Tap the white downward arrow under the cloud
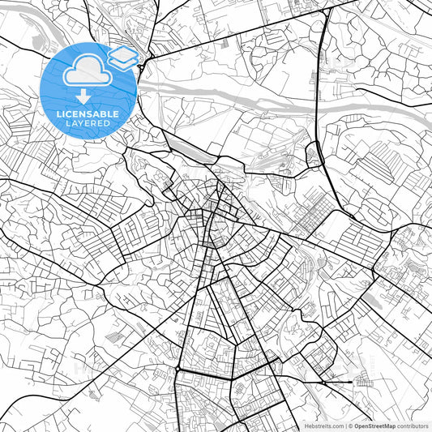(83, 97)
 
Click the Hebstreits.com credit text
(324, 426)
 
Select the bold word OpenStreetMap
(374, 426)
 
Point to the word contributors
(413, 426)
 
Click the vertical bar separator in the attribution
(346, 426)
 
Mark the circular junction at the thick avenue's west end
(177, 369)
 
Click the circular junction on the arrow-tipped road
(325, 381)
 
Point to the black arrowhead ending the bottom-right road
(349, 381)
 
